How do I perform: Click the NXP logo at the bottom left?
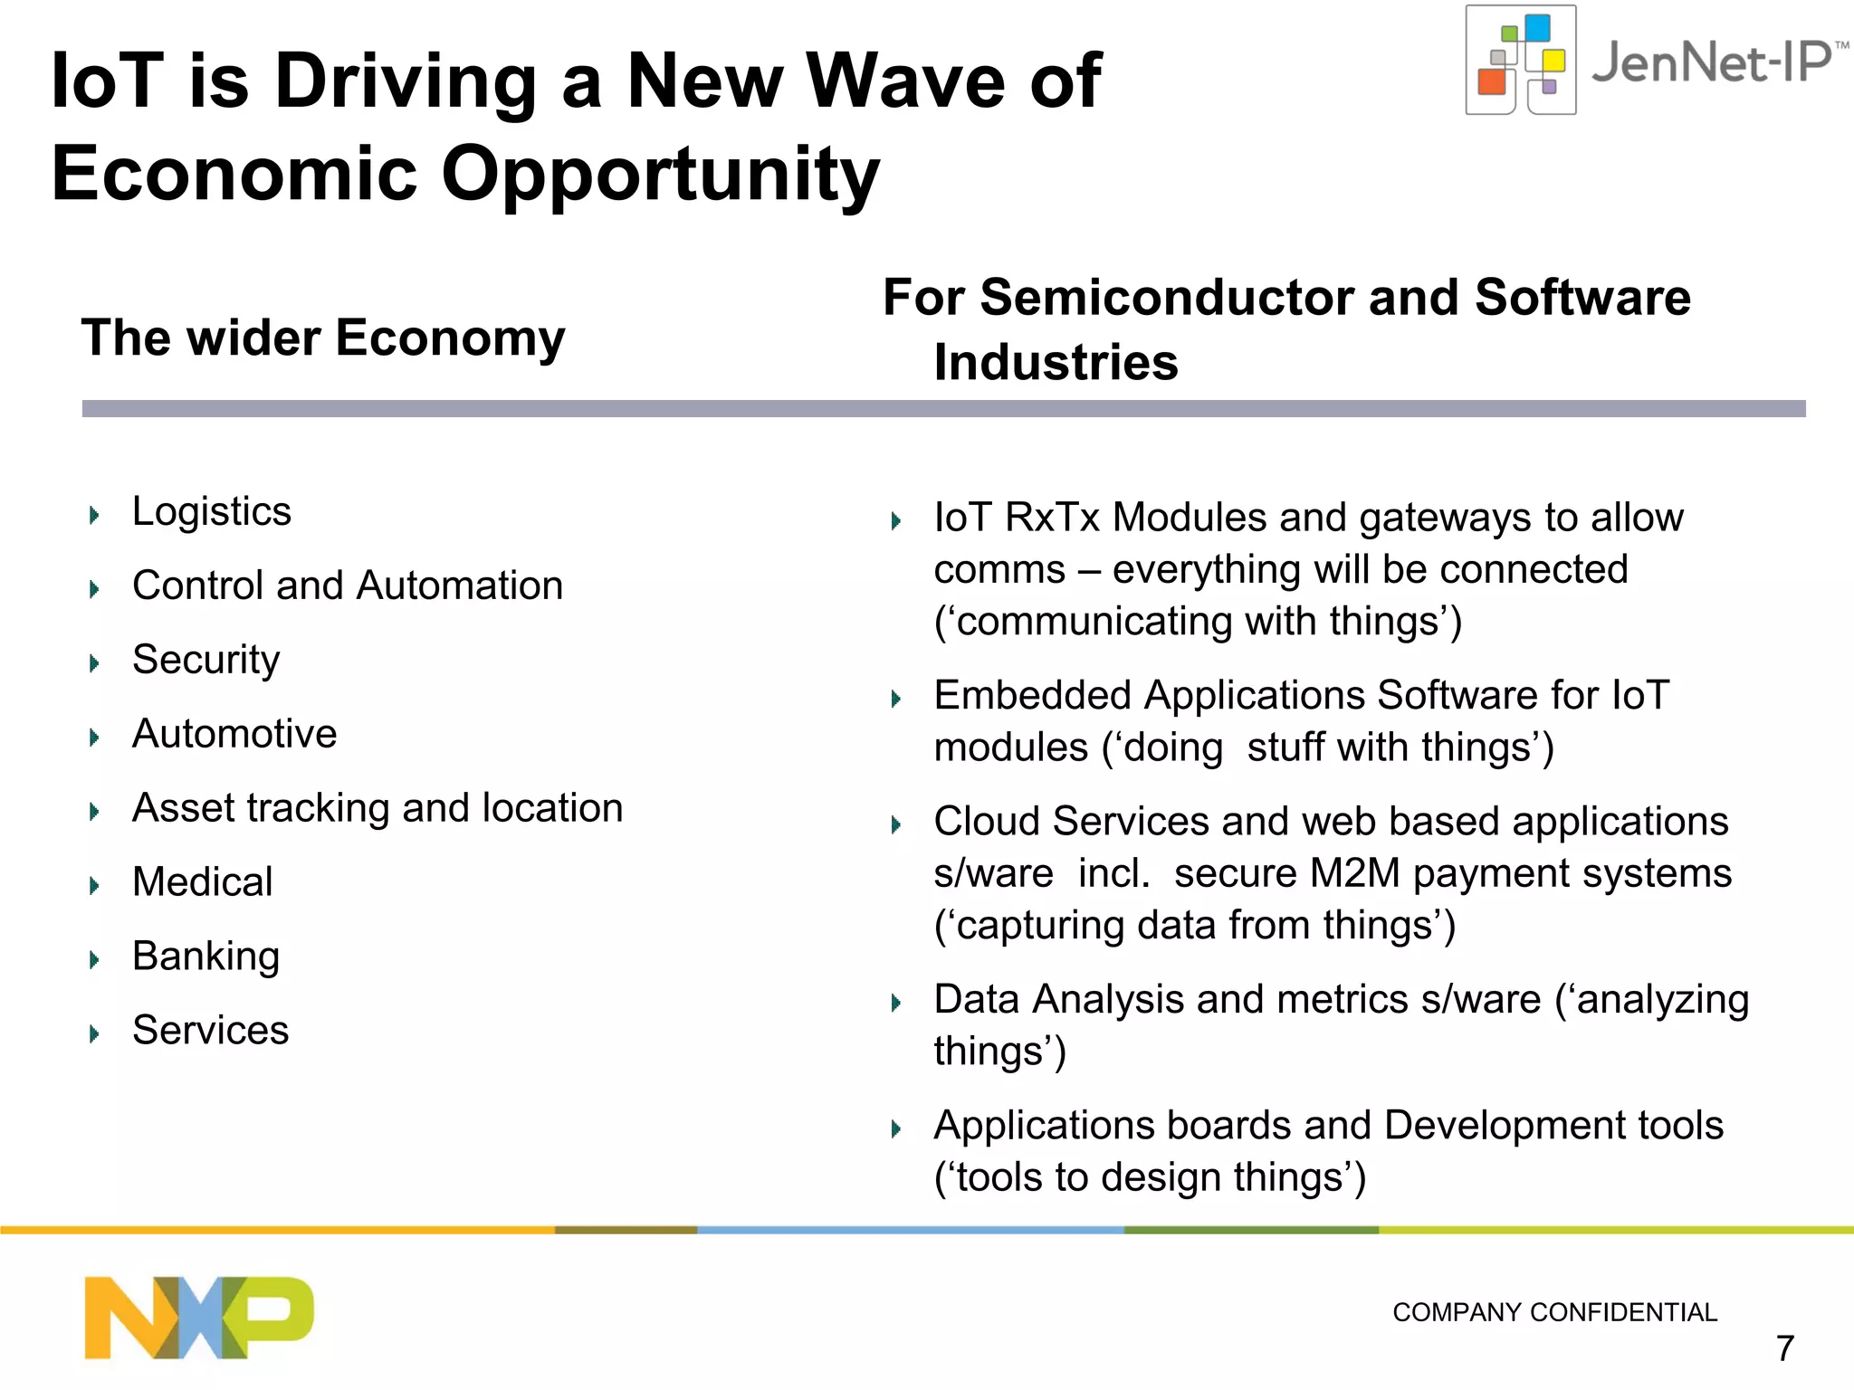(199, 1317)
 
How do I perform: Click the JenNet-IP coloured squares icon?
(1521, 61)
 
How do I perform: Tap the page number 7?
(1784, 1348)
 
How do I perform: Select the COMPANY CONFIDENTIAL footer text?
(1554, 1312)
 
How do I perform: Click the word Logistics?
(212, 511)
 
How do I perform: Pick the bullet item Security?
(206, 660)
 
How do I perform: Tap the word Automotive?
(234, 734)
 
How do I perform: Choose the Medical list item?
(203, 882)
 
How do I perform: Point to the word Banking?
(206, 957)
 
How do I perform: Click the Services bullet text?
(211, 1031)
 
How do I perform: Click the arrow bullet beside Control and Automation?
(94, 590)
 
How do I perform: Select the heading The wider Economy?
(323, 338)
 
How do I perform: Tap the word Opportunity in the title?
(660, 174)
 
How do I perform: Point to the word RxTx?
(1052, 518)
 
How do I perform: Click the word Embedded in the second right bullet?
(1033, 696)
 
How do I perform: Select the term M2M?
(1355, 874)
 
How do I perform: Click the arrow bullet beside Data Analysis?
(896, 1003)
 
